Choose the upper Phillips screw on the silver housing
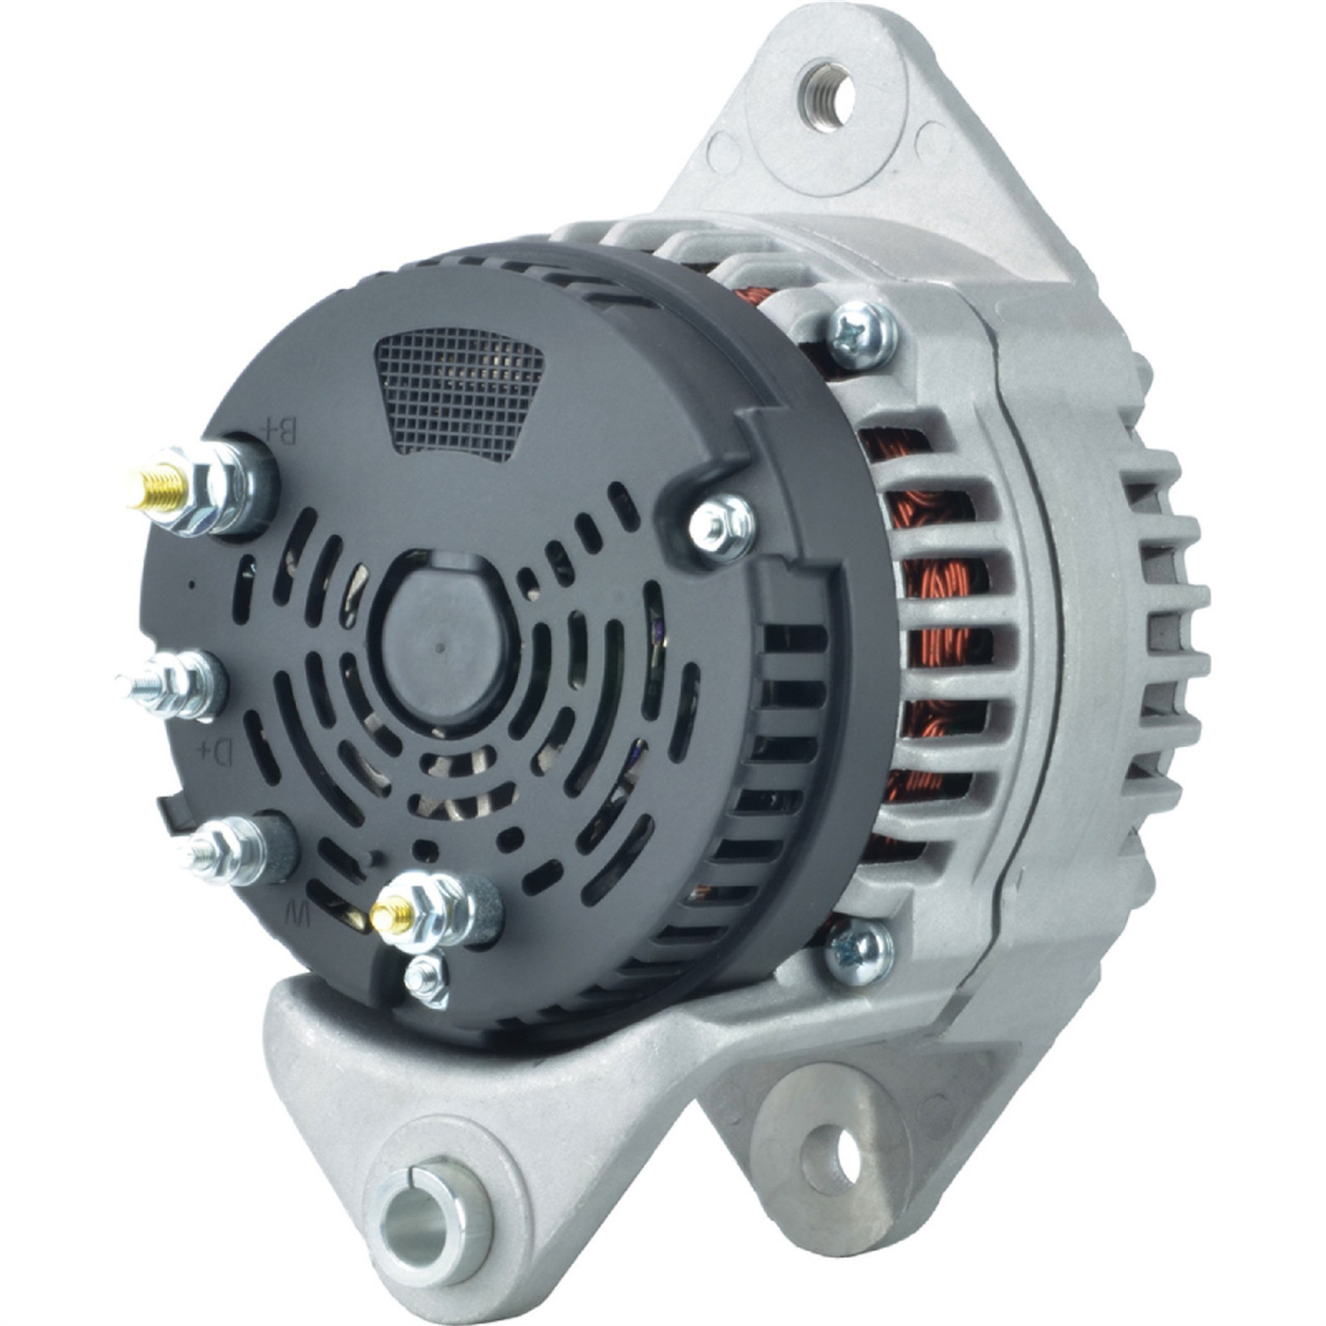click(x=857, y=335)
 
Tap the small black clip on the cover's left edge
click(x=169, y=809)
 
